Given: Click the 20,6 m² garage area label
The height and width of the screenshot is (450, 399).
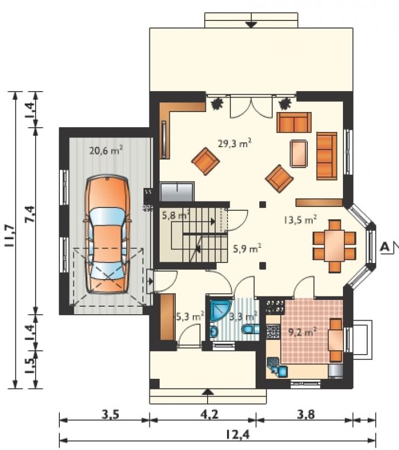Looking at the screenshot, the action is pyautogui.click(x=106, y=150).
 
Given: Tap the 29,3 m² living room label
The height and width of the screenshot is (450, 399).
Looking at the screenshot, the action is pyautogui.click(x=235, y=143).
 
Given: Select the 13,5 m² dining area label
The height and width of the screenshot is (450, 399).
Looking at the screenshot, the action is pyautogui.click(x=300, y=220).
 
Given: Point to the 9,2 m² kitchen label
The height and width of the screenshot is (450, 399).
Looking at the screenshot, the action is pyautogui.click(x=302, y=333).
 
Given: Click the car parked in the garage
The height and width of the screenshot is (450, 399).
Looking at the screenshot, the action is pyautogui.click(x=107, y=234).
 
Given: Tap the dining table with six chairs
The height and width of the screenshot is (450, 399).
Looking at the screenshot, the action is pyautogui.click(x=334, y=246).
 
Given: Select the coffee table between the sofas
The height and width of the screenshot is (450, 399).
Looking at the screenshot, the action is pyautogui.click(x=299, y=153).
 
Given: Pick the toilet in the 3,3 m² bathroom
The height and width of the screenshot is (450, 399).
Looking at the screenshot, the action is pyautogui.click(x=251, y=329).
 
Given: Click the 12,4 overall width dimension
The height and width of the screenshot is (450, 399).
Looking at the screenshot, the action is pyautogui.click(x=237, y=435).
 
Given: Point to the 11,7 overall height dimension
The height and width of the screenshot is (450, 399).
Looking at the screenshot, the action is pyautogui.click(x=10, y=236).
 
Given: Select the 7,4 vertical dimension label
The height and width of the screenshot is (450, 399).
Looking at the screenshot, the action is pyautogui.click(x=30, y=213).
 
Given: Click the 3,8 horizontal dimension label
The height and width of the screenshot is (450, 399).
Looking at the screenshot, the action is pyautogui.click(x=305, y=414).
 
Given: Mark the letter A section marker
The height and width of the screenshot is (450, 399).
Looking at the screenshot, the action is pyautogui.click(x=385, y=246).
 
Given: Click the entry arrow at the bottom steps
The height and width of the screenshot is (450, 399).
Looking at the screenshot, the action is pyautogui.click(x=209, y=392).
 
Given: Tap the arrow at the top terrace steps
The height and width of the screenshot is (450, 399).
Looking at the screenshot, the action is pyautogui.click(x=251, y=24).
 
